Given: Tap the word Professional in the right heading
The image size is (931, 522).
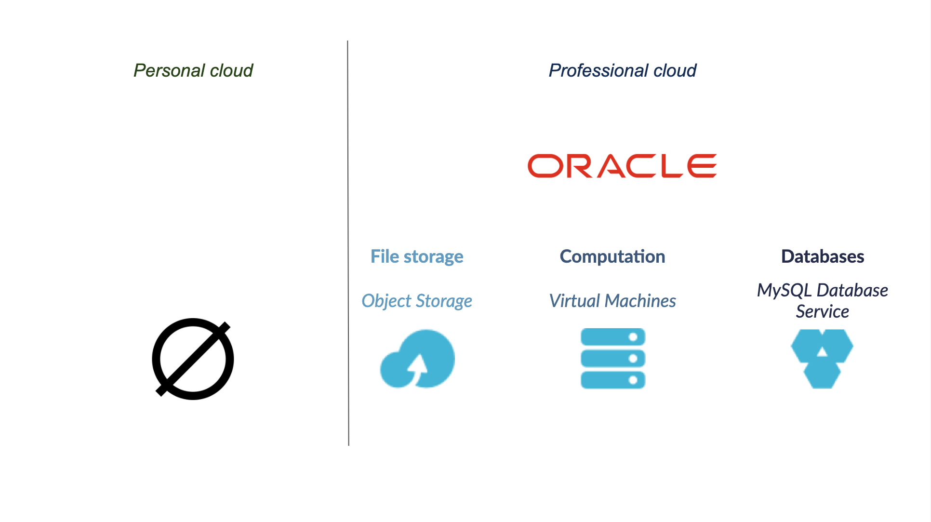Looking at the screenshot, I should (x=598, y=70).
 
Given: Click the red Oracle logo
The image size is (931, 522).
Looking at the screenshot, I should (x=622, y=166).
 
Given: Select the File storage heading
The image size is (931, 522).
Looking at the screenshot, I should (x=417, y=256).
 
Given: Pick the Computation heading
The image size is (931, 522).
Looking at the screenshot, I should (x=612, y=256).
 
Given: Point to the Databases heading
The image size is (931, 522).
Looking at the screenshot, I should (x=822, y=256).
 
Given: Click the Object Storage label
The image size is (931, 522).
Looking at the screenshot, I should (x=417, y=301).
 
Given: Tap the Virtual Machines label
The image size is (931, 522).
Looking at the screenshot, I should (x=612, y=301).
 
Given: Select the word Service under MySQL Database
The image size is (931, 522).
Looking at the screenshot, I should (x=822, y=311).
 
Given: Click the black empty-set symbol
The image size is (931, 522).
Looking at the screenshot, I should (x=193, y=359).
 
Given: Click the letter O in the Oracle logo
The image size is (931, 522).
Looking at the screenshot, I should (x=545, y=166).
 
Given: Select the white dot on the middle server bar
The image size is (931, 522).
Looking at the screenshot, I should (x=633, y=358).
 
